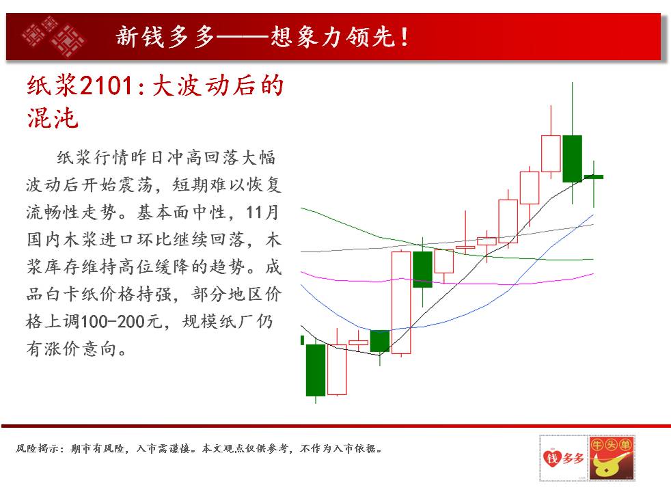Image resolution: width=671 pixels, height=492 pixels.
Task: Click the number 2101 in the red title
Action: click(x=106, y=85)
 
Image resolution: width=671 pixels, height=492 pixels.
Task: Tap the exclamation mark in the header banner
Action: click(x=404, y=37)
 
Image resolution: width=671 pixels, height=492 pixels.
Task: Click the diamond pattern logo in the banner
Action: click(x=53, y=36)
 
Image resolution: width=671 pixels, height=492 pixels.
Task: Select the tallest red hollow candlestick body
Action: click(x=401, y=303)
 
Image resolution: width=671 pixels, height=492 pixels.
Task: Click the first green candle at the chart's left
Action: click(x=316, y=370)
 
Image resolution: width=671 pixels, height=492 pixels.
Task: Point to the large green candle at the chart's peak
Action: click(x=572, y=159)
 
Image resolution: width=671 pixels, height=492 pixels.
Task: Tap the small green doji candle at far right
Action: click(x=594, y=177)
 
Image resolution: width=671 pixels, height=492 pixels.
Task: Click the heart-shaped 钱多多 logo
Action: click(x=563, y=458)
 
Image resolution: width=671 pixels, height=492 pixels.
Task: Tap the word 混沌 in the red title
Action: click(x=53, y=118)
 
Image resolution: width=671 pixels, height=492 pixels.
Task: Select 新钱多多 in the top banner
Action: click(x=165, y=37)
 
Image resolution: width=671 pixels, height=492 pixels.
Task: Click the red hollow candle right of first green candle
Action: click(x=337, y=370)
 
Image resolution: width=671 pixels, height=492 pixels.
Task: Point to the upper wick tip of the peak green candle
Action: click(x=572, y=83)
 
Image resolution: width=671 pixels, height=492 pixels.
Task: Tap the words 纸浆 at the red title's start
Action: click(x=52, y=85)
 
